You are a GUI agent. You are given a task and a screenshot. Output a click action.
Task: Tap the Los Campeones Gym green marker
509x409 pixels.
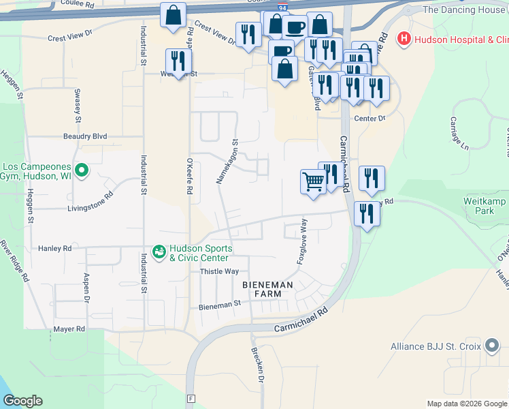tap(82, 170)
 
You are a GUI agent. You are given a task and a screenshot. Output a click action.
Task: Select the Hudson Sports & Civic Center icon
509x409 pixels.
tap(159, 253)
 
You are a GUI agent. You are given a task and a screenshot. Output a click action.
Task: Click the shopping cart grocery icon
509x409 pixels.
tap(312, 181)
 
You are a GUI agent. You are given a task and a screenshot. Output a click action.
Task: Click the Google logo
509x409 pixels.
tap(22, 401)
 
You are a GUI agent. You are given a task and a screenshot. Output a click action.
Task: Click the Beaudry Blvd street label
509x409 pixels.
tap(85, 136)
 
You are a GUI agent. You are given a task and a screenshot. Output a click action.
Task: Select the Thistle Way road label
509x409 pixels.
tap(218, 271)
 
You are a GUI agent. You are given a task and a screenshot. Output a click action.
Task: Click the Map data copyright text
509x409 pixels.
tap(466, 404)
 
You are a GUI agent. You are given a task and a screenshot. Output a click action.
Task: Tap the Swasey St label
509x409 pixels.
tap(78, 110)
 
